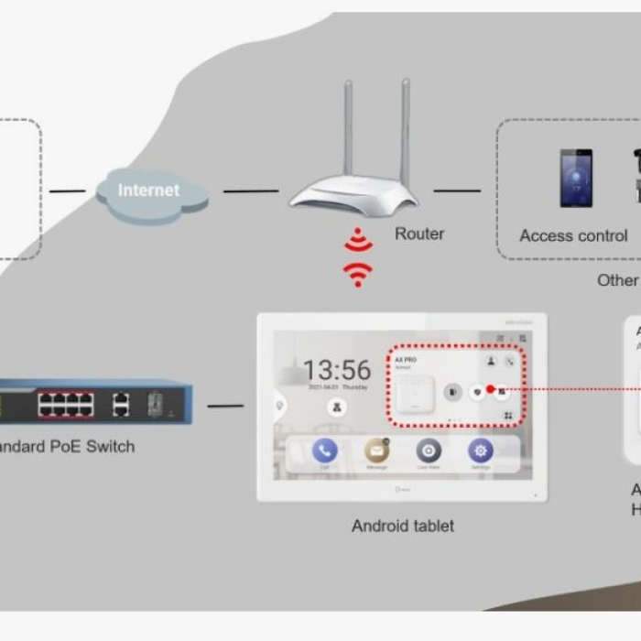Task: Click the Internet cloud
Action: tap(149, 192)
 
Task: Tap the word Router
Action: tap(419, 234)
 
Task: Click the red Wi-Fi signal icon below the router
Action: tap(357, 260)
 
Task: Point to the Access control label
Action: tap(573, 236)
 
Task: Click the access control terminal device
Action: tap(576, 178)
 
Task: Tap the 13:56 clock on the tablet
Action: tap(337, 370)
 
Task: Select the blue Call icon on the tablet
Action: tap(325, 451)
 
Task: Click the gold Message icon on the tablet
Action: tap(376, 451)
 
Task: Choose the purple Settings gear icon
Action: tap(481, 451)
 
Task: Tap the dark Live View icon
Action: tap(429, 451)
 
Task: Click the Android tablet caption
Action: tap(402, 527)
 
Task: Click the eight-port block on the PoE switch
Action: tap(65, 404)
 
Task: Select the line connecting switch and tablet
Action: tap(225, 406)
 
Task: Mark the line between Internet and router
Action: tap(250, 191)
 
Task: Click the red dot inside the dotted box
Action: tap(491, 389)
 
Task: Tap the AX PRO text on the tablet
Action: tap(406, 360)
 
